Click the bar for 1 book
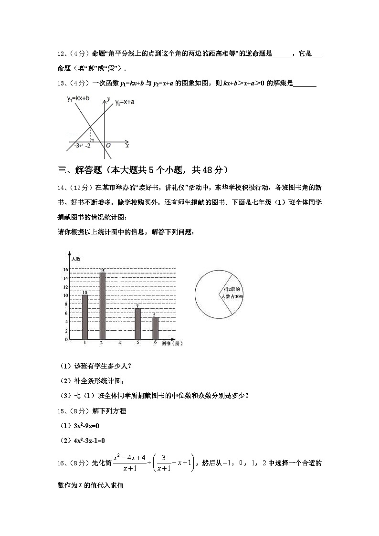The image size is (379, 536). [x=84, y=317]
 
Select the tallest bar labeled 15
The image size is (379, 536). [x=102, y=306]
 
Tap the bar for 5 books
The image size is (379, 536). [x=137, y=324]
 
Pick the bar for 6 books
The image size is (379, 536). [x=155, y=328]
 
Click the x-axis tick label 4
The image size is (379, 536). [x=119, y=343]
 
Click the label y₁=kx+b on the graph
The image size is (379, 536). [x=78, y=98]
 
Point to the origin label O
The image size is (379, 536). [x=108, y=145]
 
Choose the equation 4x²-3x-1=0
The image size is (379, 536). [x=84, y=441]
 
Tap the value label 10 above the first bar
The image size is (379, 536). [x=84, y=292]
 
